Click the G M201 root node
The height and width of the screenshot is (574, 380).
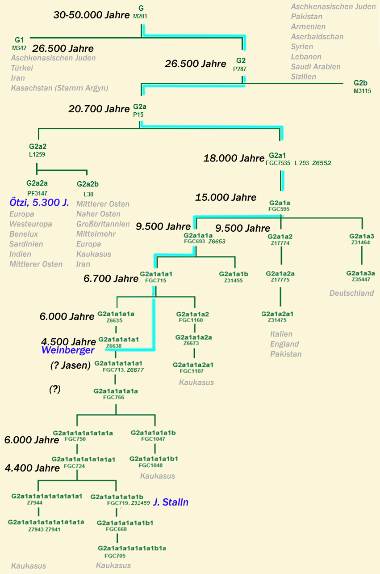click(141, 12)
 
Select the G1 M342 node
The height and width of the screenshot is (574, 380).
click(19, 43)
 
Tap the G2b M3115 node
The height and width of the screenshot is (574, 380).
click(361, 87)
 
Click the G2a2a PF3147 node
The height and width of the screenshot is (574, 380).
click(37, 187)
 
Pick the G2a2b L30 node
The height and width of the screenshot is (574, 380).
click(88, 188)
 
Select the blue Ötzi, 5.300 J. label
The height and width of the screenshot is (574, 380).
click(39, 203)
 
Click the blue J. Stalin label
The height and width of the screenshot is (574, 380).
click(171, 502)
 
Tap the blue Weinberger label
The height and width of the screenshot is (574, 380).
click(68, 350)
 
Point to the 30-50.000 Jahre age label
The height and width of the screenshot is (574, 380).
click(91, 15)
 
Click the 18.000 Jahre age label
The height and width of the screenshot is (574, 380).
click(234, 158)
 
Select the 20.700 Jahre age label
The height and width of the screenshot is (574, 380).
click(99, 109)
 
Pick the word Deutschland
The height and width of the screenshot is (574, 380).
click(351, 293)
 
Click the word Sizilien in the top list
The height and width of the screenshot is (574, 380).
click(304, 77)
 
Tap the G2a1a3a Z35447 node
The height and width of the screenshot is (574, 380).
click(360, 276)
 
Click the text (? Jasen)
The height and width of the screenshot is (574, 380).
click(70, 366)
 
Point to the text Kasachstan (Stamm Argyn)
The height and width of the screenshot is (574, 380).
click(60, 88)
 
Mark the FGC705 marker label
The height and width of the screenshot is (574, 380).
click(115, 556)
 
